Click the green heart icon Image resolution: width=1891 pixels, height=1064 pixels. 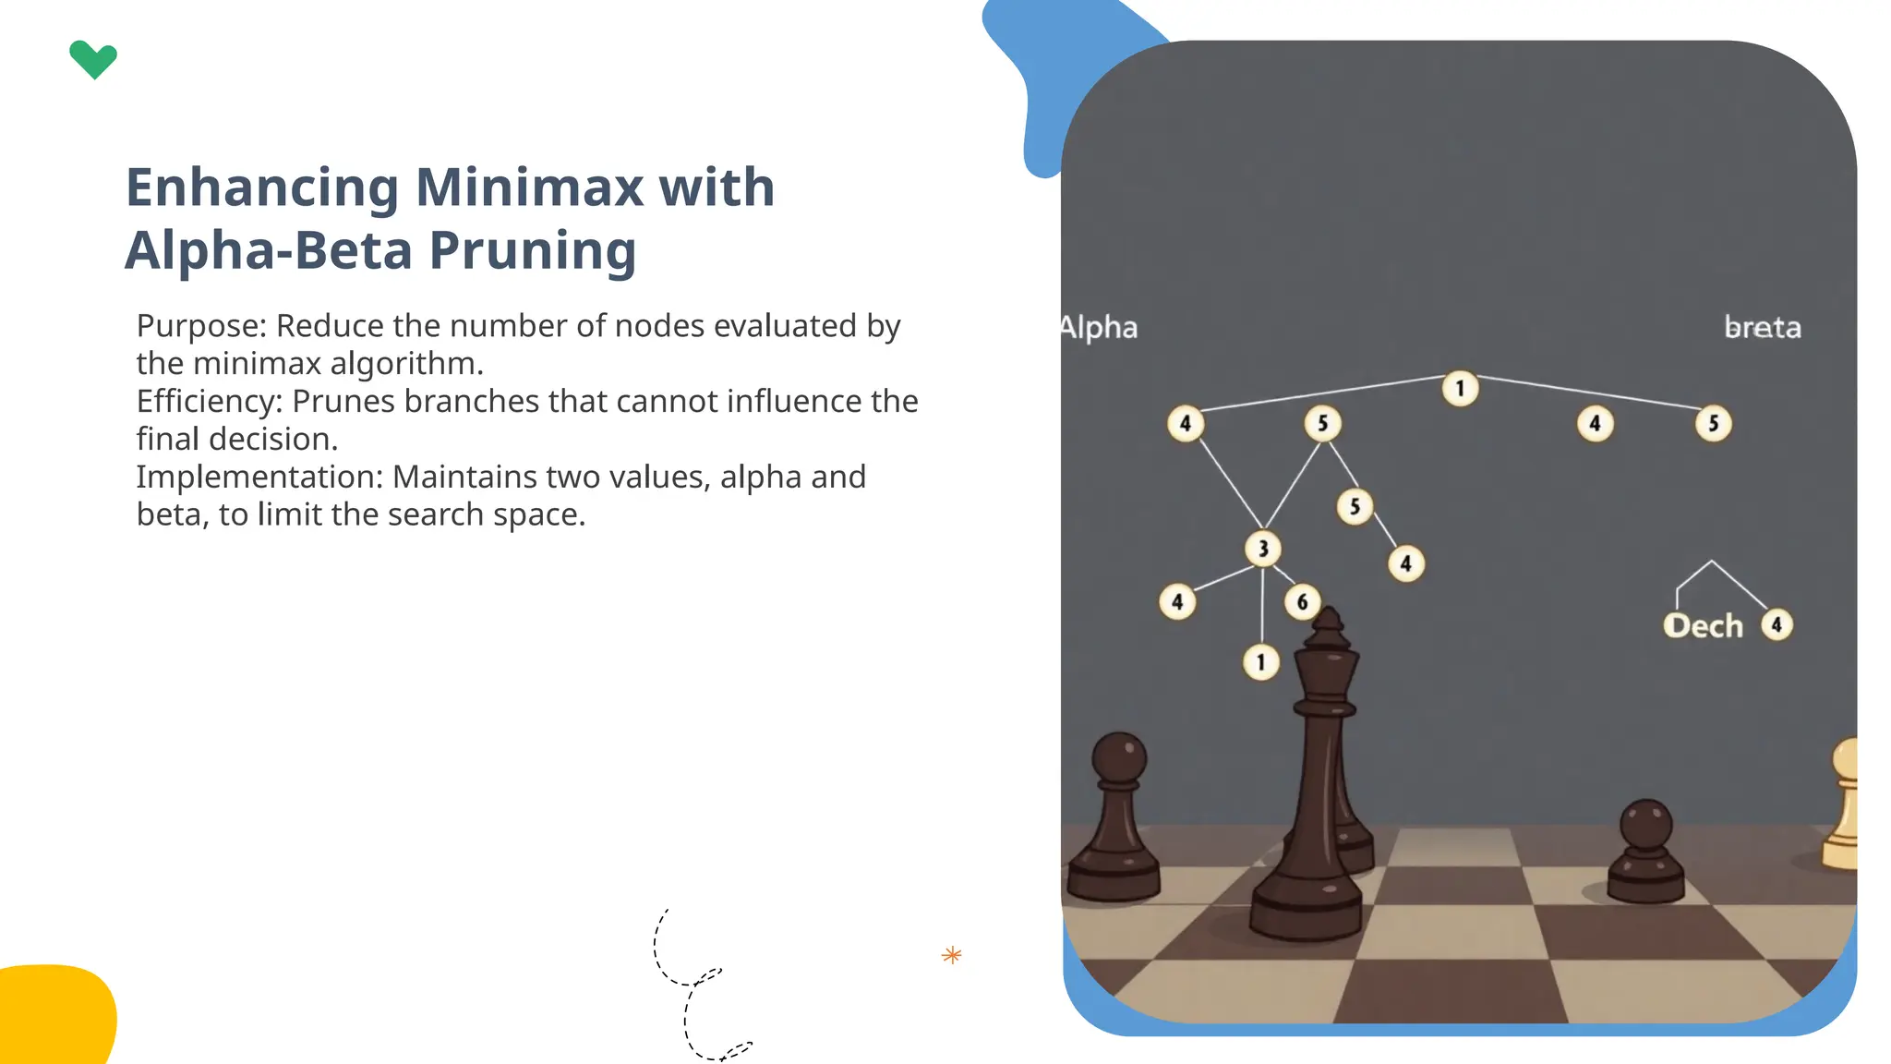pyautogui.click(x=93, y=60)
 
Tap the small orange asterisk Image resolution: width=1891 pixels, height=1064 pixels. pyautogui.click(x=952, y=955)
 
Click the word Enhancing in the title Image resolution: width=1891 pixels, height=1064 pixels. pyautogui.click(x=262, y=187)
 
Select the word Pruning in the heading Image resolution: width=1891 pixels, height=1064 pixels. pyautogui.click(x=533, y=250)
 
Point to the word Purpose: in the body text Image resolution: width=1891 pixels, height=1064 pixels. pyautogui.click(x=201, y=326)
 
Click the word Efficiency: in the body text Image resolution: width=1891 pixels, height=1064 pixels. pyautogui.click(x=210, y=402)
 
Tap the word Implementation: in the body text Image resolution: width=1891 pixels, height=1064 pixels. pyautogui.click(x=259, y=478)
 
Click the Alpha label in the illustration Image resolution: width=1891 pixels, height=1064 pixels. pyautogui.click(x=1099, y=328)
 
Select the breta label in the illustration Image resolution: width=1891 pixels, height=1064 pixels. pyautogui.click(x=1763, y=328)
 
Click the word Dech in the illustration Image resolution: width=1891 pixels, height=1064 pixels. pyautogui.click(x=1703, y=626)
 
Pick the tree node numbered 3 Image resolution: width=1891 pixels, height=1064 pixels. pyautogui.click(x=1263, y=549)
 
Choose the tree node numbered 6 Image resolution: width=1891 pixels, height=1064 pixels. pyautogui.click(x=1302, y=602)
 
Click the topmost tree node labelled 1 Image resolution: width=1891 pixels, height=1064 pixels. pyautogui.click(x=1460, y=389)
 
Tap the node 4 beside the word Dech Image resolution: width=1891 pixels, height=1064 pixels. pyautogui.click(x=1777, y=625)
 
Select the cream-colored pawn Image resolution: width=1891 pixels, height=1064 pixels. pyautogui.click(x=1844, y=804)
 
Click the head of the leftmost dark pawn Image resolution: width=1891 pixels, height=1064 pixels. pyautogui.click(x=1119, y=757)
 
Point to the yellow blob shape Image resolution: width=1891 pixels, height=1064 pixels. pyautogui.click(x=55, y=1014)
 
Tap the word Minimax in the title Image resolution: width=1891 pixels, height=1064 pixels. pyautogui.click(x=529, y=187)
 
